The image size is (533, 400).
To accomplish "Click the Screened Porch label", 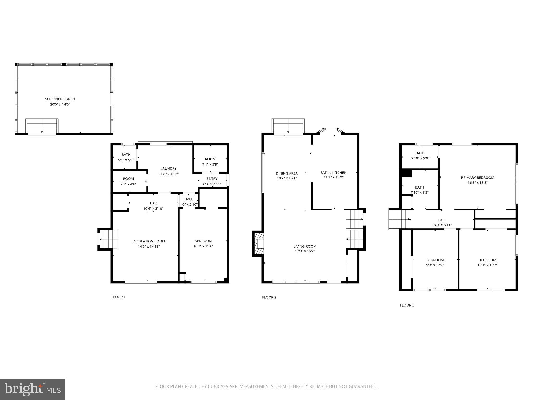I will tap(60, 99).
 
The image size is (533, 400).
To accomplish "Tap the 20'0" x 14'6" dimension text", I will tap(60, 104).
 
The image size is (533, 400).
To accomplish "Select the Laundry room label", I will tap(168, 168).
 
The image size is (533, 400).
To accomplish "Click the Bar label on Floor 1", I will tap(153, 203).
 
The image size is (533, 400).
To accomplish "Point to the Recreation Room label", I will tap(149, 241).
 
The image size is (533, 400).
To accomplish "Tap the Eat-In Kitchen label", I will tap(333, 173).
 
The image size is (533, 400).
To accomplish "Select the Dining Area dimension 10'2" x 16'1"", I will tap(287, 178).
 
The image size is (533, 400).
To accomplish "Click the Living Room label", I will tap(305, 246).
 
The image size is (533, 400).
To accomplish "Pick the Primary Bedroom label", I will tap(478, 178).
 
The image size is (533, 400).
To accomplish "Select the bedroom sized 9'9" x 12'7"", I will tap(435, 262).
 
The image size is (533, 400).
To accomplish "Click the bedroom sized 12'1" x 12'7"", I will tap(487, 262).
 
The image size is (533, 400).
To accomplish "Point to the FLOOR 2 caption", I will tap(269, 297).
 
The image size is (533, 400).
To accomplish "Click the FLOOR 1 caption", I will tap(118, 297).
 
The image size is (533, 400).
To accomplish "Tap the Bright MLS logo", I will tap(33, 389).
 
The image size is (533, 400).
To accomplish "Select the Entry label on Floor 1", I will tap(212, 179).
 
